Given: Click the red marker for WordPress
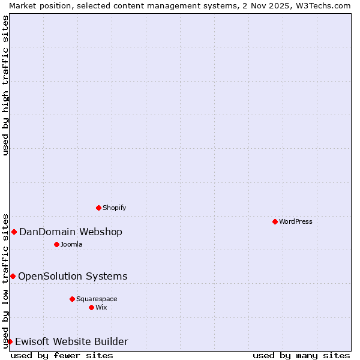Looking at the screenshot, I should [x=275, y=221].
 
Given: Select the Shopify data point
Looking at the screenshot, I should [x=98, y=208].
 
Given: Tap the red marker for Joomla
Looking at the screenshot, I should [x=56, y=244].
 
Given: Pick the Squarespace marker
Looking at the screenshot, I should [x=72, y=299].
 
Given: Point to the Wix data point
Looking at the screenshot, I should [x=91, y=307].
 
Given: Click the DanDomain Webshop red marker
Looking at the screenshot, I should [x=14, y=232].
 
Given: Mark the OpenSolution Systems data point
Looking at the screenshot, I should [x=13, y=276].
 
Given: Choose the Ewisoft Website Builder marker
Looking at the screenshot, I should [x=10, y=341].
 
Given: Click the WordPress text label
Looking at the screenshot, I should [x=296, y=221].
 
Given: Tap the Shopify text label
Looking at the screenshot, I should [x=114, y=208].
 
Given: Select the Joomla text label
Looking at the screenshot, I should [x=71, y=244].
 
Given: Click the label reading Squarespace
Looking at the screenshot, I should [x=97, y=299].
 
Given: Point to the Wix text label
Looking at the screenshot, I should [x=101, y=307].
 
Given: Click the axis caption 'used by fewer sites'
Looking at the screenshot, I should [x=62, y=355].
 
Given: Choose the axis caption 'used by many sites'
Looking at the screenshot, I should [x=301, y=355].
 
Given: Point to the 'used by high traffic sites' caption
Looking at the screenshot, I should [x=5, y=85].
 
